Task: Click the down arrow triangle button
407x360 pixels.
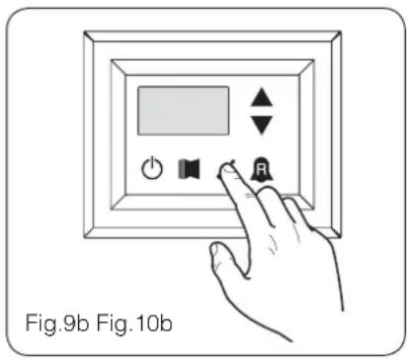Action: [261, 124]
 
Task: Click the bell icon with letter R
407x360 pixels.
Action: [263, 169]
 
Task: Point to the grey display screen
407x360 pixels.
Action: [183, 111]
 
